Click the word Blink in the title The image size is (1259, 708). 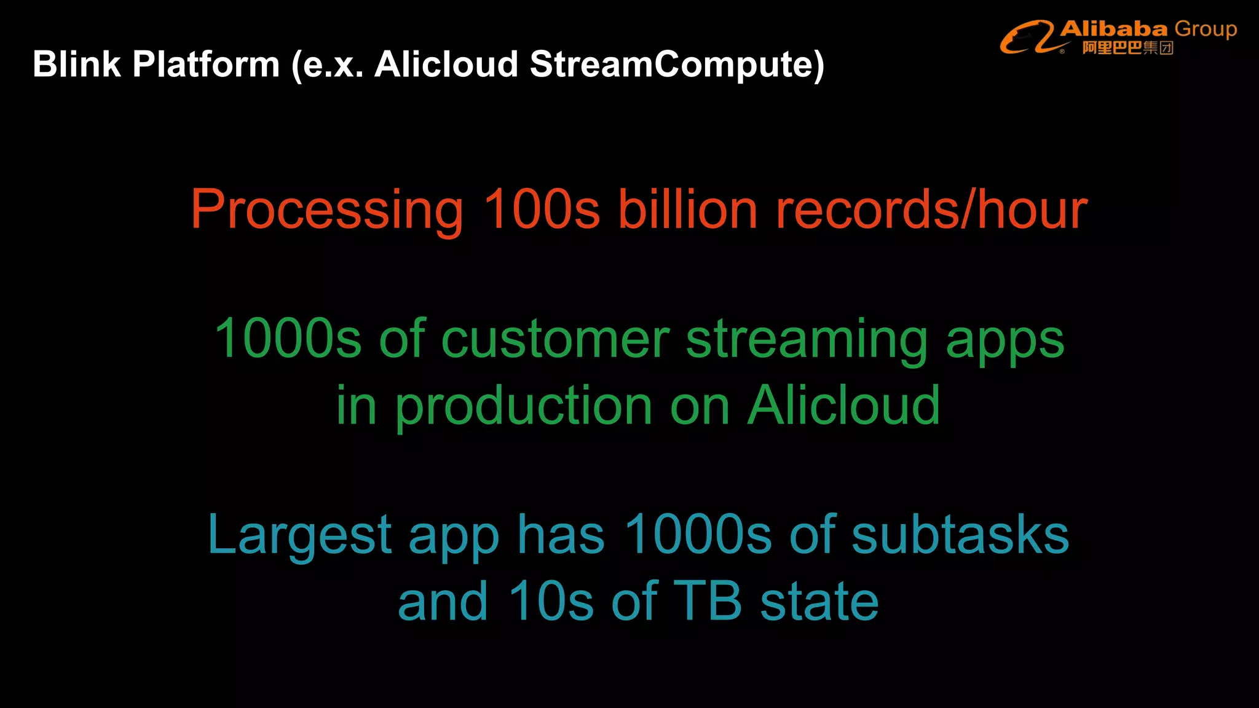pyautogui.click(x=77, y=64)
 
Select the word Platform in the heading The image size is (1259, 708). pyautogui.click(x=206, y=64)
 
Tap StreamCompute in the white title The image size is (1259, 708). pyautogui.click(x=676, y=64)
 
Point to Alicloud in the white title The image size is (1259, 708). pyautogui.click(x=446, y=64)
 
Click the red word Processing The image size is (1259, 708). pyautogui.click(x=326, y=211)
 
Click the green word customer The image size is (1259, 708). pyautogui.click(x=555, y=339)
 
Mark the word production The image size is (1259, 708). pyautogui.click(x=523, y=407)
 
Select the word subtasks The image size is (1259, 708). pyautogui.click(x=960, y=535)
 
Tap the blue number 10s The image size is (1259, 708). pyautogui.click(x=551, y=600)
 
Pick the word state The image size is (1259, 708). pyautogui.click(x=819, y=600)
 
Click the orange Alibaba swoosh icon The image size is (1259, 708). pyautogui.click(x=1028, y=37)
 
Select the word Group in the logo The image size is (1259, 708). pyautogui.click(x=1206, y=29)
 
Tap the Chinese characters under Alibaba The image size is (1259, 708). pyautogui.click(x=1128, y=48)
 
